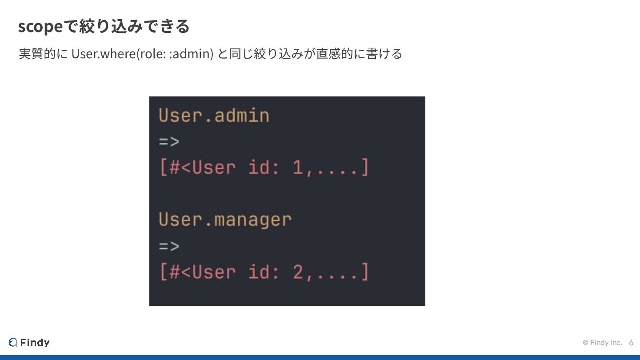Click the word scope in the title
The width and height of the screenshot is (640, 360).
coord(40,27)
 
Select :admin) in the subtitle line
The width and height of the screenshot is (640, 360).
coord(192,54)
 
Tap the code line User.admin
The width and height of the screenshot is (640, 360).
coord(214,116)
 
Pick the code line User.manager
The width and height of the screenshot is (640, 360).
coord(225,220)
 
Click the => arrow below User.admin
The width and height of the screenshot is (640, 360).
coord(169,142)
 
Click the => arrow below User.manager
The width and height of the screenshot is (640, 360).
coord(169,246)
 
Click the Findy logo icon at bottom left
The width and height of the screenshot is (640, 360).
coord(13,342)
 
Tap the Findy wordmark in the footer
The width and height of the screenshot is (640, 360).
coord(35,342)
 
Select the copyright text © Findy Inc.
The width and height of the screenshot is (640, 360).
coord(602,343)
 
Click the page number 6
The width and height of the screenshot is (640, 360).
coord(631,343)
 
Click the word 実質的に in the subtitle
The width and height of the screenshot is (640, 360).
coord(44,54)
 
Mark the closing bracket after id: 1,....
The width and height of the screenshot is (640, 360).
coord(365,168)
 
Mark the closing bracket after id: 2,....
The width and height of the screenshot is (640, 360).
coord(365,272)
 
